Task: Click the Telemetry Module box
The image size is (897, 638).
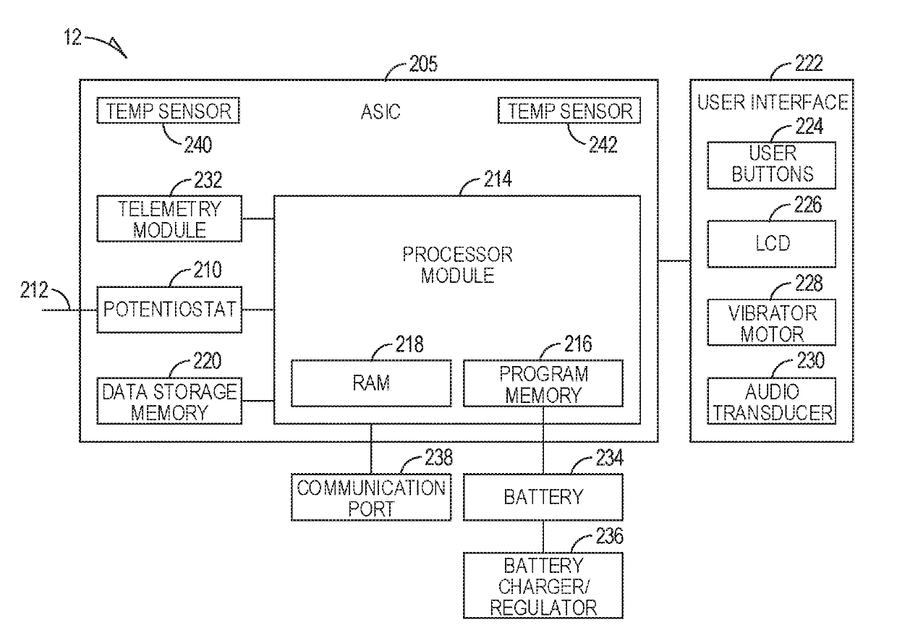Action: (x=169, y=218)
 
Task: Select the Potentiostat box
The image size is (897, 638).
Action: (x=169, y=310)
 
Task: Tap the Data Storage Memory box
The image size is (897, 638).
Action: (x=169, y=401)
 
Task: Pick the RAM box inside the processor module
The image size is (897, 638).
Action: (x=371, y=383)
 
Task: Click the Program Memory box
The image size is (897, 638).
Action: (x=543, y=383)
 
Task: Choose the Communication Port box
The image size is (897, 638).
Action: (x=371, y=498)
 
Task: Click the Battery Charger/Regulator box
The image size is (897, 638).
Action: (x=543, y=585)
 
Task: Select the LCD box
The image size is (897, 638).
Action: (x=772, y=244)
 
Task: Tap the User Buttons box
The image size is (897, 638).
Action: (x=772, y=165)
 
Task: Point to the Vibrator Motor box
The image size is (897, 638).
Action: (x=772, y=323)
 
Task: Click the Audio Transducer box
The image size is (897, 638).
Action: (x=772, y=401)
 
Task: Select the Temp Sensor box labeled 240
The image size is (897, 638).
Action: (x=168, y=110)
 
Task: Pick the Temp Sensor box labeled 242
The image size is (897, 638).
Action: (x=569, y=110)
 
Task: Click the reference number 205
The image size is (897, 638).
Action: (x=423, y=64)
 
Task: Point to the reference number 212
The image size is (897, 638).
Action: (x=34, y=290)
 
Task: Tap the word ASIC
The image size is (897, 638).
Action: (x=381, y=111)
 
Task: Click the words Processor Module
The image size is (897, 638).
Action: (x=457, y=265)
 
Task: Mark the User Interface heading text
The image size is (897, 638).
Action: (x=773, y=102)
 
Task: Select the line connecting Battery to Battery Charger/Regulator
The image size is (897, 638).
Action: (x=543, y=537)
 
